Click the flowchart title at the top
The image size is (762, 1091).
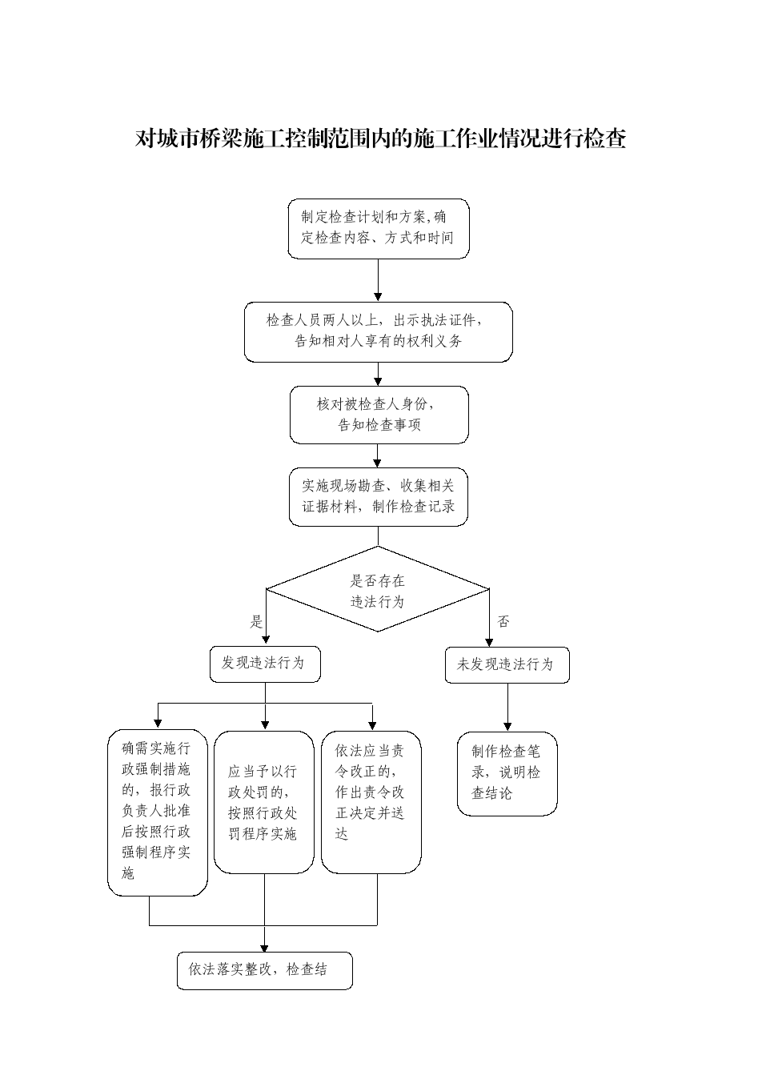click(x=380, y=138)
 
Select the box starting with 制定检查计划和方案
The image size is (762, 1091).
click(x=379, y=228)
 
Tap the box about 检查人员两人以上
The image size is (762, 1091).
click(x=379, y=331)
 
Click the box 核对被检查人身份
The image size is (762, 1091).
click(x=379, y=415)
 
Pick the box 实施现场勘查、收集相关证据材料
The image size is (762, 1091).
click(x=379, y=497)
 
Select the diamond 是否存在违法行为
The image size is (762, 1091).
click(x=377, y=589)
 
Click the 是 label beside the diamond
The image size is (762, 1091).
click(x=256, y=622)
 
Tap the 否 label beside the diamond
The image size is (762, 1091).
click(x=503, y=621)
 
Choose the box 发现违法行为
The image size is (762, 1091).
click(x=265, y=664)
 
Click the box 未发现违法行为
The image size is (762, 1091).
click(x=507, y=665)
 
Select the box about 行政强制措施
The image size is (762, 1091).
click(x=157, y=812)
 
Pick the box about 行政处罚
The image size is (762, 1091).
click(x=264, y=802)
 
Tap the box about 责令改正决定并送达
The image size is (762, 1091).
click(x=371, y=802)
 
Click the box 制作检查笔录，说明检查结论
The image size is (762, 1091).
click(x=507, y=773)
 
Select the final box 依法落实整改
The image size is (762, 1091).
click(x=264, y=970)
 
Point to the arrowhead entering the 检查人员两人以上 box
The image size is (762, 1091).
click(x=378, y=297)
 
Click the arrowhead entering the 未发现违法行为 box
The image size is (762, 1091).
click(x=489, y=643)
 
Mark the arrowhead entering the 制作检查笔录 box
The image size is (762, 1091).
click(x=507, y=727)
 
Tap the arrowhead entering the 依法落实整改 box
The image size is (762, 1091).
click(x=264, y=947)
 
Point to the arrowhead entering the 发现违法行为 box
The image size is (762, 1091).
click(x=266, y=641)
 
